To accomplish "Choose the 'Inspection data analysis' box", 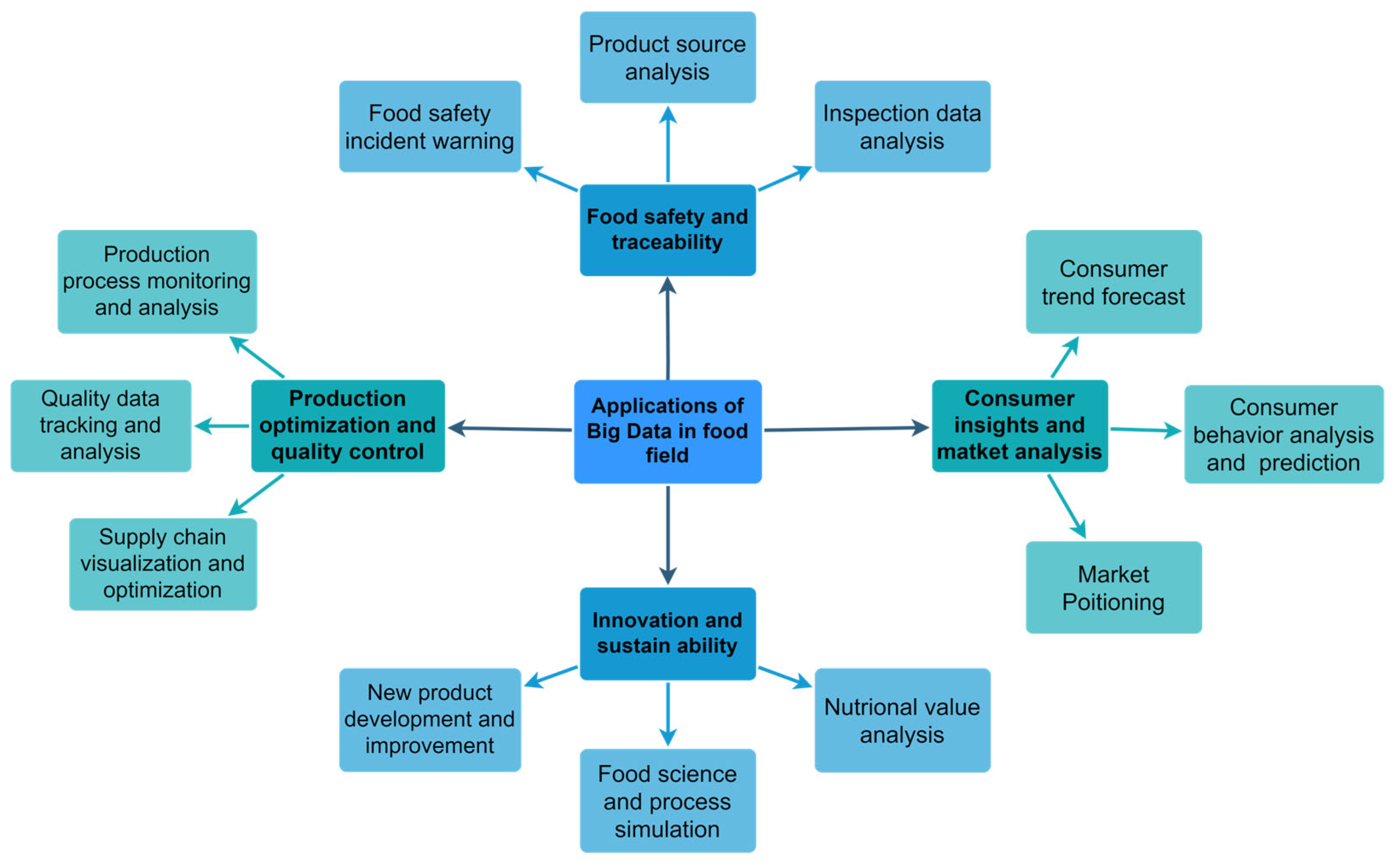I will tap(902, 127).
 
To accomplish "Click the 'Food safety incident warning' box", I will tap(430, 127).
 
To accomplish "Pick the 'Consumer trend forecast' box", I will tap(1113, 282).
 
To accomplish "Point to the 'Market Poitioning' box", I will tap(1113, 588).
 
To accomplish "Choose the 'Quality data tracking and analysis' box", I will tap(101, 426).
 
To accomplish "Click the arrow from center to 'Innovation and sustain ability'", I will tap(668, 535).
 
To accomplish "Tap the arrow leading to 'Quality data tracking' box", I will tap(222, 426).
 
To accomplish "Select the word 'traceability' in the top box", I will tap(667, 242).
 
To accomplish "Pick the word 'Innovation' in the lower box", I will tap(630, 620).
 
